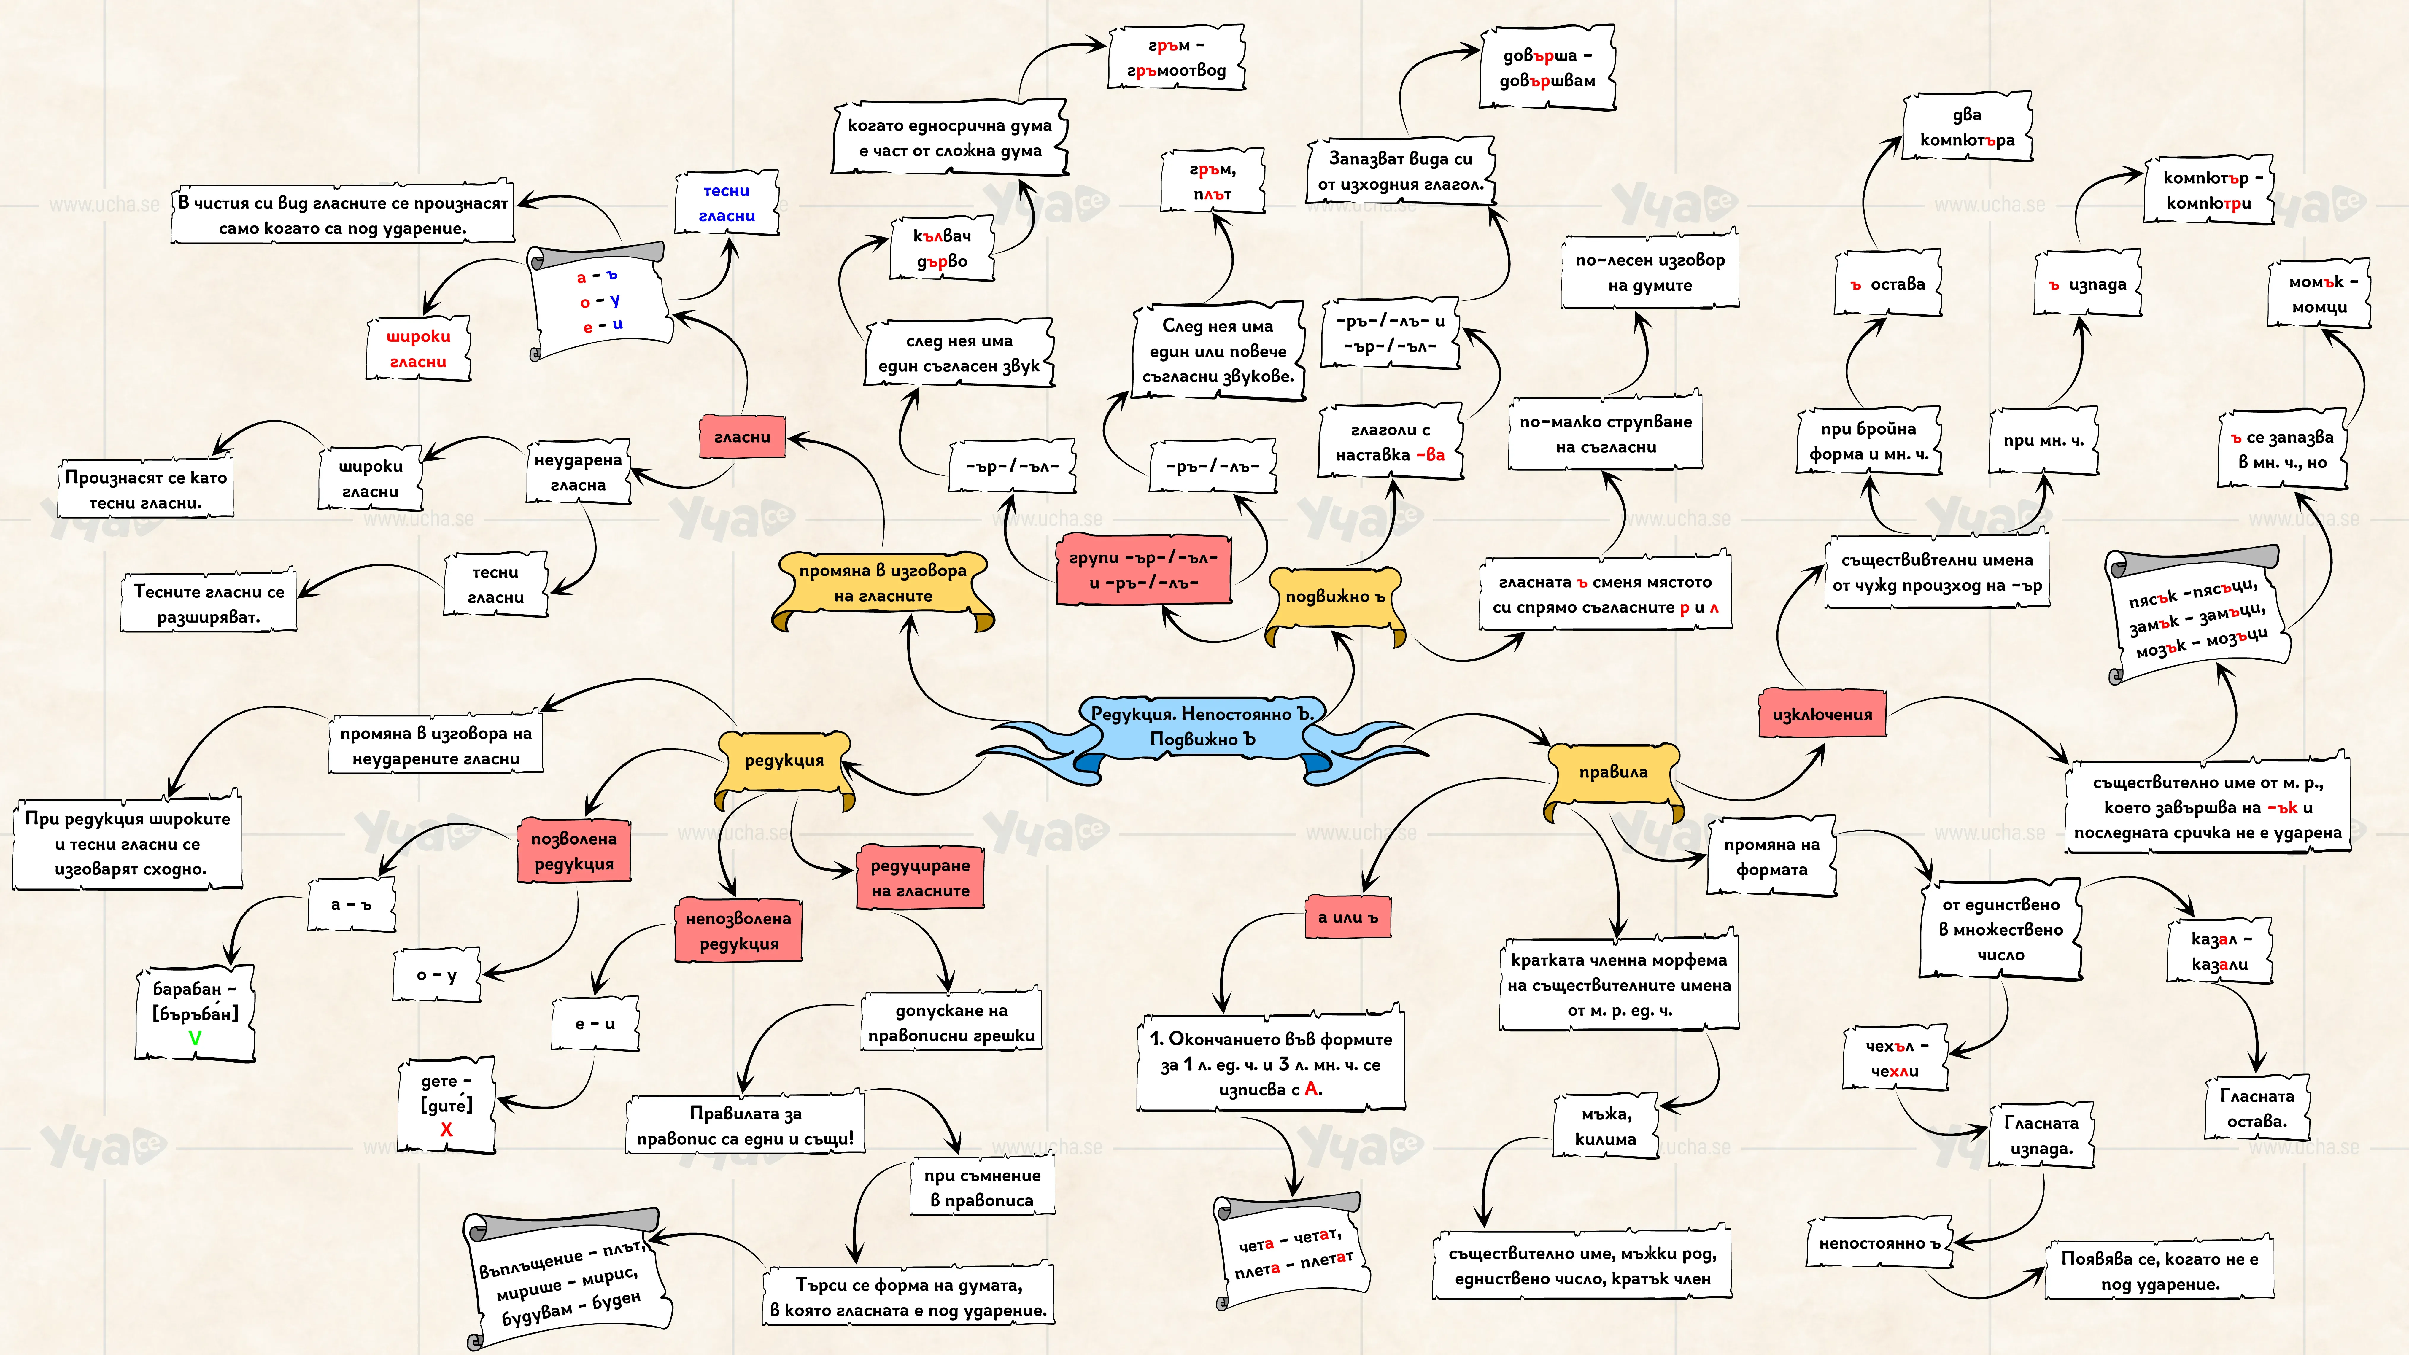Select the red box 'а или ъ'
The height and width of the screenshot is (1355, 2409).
click(x=1347, y=917)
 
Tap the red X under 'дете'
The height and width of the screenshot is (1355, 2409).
click(x=446, y=1130)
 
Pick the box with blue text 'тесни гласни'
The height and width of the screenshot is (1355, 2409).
click(x=727, y=203)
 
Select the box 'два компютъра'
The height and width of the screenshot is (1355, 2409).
click(x=1968, y=127)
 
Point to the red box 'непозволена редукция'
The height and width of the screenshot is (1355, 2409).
click(x=739, y=931)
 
